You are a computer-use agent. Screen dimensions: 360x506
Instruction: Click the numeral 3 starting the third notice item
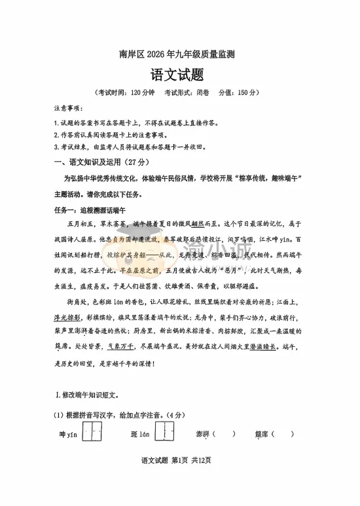click(x=56, y=147)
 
